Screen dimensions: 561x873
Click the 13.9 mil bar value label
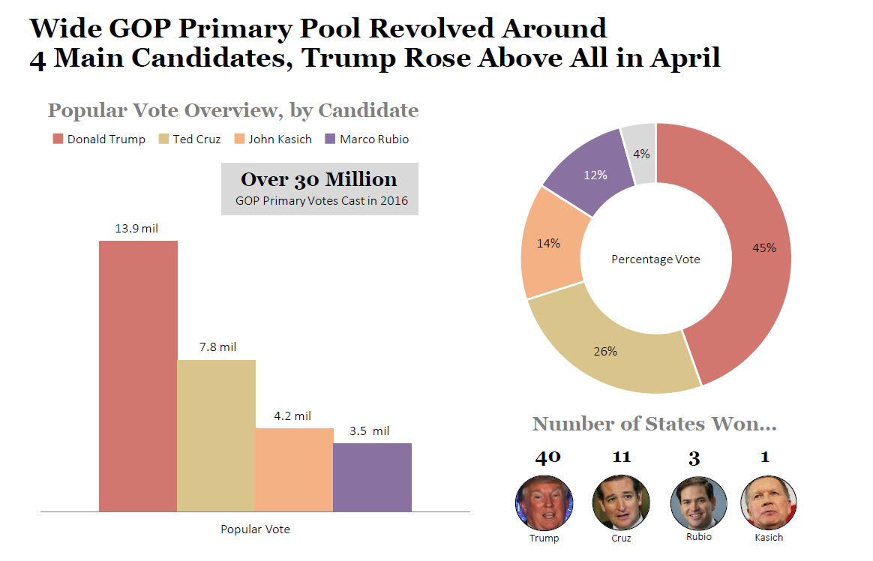point(136,228)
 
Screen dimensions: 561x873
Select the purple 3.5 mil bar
point(372,477)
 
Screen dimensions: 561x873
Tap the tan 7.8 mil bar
point(216,435)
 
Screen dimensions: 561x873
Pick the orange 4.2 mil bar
point(294,469)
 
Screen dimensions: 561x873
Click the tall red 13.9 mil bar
point(138,375)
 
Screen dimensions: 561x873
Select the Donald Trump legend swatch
point(58,139)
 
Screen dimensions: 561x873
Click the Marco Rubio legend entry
point(367,139)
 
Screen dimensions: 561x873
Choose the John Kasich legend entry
point(272,139)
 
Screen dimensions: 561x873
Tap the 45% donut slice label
point(764,248)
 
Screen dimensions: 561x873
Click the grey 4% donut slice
point(643,154)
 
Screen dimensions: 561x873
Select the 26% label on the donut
point(605,351)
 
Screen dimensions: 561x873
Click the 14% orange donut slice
point(548,244)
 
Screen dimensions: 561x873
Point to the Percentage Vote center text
point(655,259)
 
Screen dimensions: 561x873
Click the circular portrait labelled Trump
point(544,502)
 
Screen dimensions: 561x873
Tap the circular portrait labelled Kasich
point(768,502)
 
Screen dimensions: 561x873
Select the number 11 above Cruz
point(621,457)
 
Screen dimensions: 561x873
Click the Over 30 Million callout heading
point(319,180)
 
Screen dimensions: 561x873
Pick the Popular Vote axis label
point(255,529)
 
